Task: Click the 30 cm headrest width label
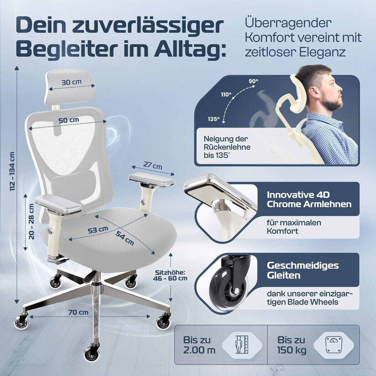tap(72, 82)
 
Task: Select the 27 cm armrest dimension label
tap(153, 166)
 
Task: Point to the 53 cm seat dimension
tap(98, 230)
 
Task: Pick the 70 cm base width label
tap(78, 312)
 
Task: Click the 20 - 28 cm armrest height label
tap(31, 221)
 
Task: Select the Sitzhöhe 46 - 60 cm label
tap(170, 275)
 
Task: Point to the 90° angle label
tap(253, 81)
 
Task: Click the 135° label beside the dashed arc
tap(214, 119)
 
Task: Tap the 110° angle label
tap(226, 95)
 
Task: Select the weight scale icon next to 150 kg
tap(333, 344)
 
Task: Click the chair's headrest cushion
tap(70, 86)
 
